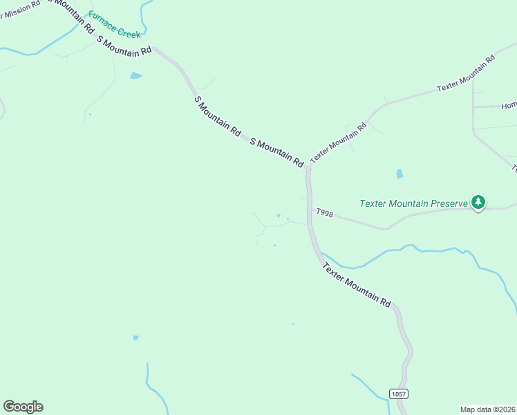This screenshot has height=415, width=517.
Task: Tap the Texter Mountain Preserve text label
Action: coord(414,203)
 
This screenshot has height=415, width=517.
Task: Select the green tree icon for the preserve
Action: coord(478,202)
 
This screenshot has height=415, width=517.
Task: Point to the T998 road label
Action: coord(325,214)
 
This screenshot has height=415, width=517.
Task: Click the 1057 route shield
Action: coord(398,394)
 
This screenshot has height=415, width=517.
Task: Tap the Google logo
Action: coord(23,407)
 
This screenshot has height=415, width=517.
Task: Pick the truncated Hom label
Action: coord(509,106)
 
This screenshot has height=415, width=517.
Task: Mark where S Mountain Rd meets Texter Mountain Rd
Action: coord(308,167)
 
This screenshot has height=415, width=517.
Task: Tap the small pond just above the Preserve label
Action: coord(399,174)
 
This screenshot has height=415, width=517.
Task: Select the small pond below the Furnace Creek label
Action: coord(135,75)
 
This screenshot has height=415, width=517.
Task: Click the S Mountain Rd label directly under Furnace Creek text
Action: coord(124,46)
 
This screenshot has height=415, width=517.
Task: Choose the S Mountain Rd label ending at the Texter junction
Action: coord(276,152)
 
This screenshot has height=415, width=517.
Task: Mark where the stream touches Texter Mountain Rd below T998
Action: coord(319,254)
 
